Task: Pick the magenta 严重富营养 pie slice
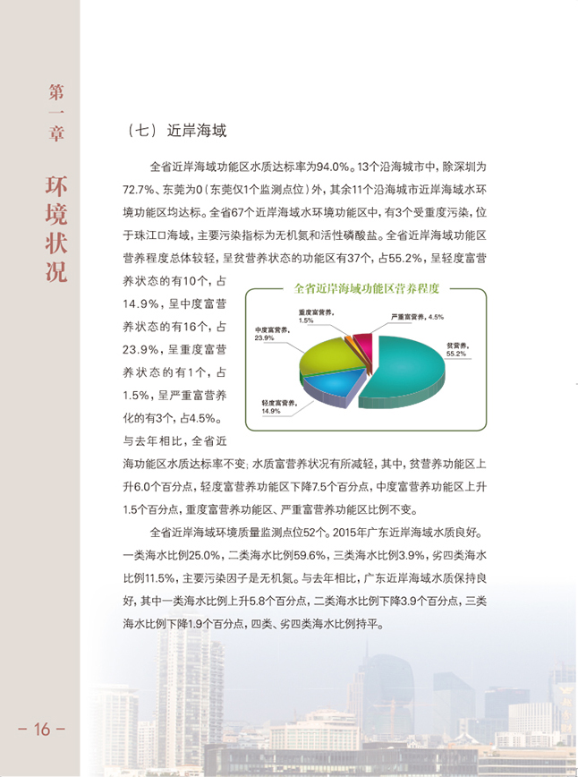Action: pos(362,341)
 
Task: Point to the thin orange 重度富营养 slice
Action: pos(349,340)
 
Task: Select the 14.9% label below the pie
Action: pos(272,411)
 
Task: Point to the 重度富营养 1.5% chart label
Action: pos(315,315)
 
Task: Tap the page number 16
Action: pos(41,729)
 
